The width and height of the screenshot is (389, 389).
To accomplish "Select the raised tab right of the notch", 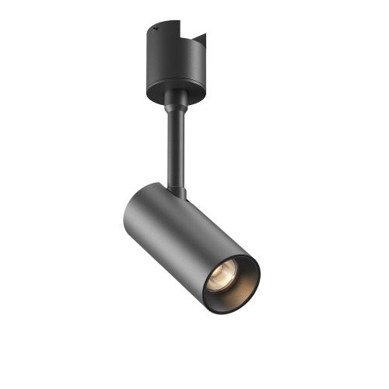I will pyautogui.click(x=201, y=40).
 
